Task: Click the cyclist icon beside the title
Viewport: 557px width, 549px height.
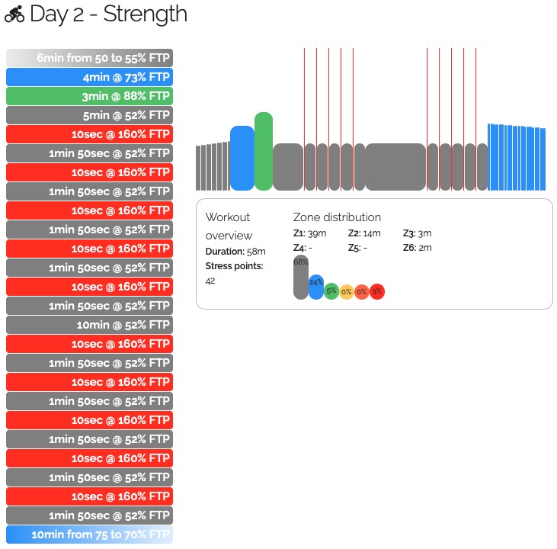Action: pyautogui.click(x=14, y=14)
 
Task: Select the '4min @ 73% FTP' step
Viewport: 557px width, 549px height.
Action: pyautogui.click(x=89, y=77)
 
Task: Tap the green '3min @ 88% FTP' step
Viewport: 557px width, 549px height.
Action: pyautogui.click(x=89, y=96)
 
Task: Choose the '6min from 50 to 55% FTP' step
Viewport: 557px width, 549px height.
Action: pyautogui.click(x=89, y=58)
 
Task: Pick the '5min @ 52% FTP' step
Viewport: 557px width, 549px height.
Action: pyautogui.click(x=89, y=115)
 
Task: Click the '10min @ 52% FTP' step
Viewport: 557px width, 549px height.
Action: pyautogui.click(x=89, y=325)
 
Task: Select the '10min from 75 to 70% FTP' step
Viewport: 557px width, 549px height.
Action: pyautogui.click(x=89, y=535)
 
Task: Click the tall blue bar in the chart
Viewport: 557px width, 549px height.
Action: pyautogui.click(x=242, y=158)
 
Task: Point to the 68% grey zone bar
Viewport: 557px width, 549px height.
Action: pyautogui.click(x=300, y=278)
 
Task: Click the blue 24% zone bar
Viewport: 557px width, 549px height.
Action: pyautogui.click(x=316, y=287)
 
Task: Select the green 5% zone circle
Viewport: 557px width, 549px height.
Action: pyautogui.click(x=331, y=291)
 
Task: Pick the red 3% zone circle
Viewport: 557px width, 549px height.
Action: pyautogui.click(x=377, y=291)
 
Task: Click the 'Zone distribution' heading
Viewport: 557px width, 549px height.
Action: pyautogui.click(x=337, y=217)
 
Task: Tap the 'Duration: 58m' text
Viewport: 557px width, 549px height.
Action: pyautogui.click(x=235, y=252)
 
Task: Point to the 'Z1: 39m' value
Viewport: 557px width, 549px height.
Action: pyautogui.click(x=309, y=233)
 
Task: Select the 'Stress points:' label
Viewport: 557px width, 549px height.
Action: pyautogui.click(x=234, y=266)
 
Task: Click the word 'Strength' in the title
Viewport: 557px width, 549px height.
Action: pyautogui.click(x=146, y=14)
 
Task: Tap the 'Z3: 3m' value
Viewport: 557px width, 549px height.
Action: pyautogui.click(x=417, y=233)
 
